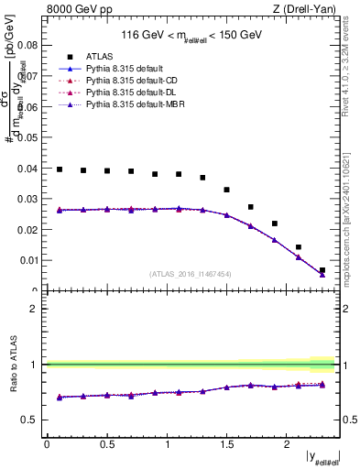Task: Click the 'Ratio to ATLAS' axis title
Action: (x=13, y=365)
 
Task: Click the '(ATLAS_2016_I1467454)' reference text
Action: (x=191, y=274)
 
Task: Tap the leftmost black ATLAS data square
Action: (x=60, y=169)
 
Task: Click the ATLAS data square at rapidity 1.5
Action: (x=226, y=190)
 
